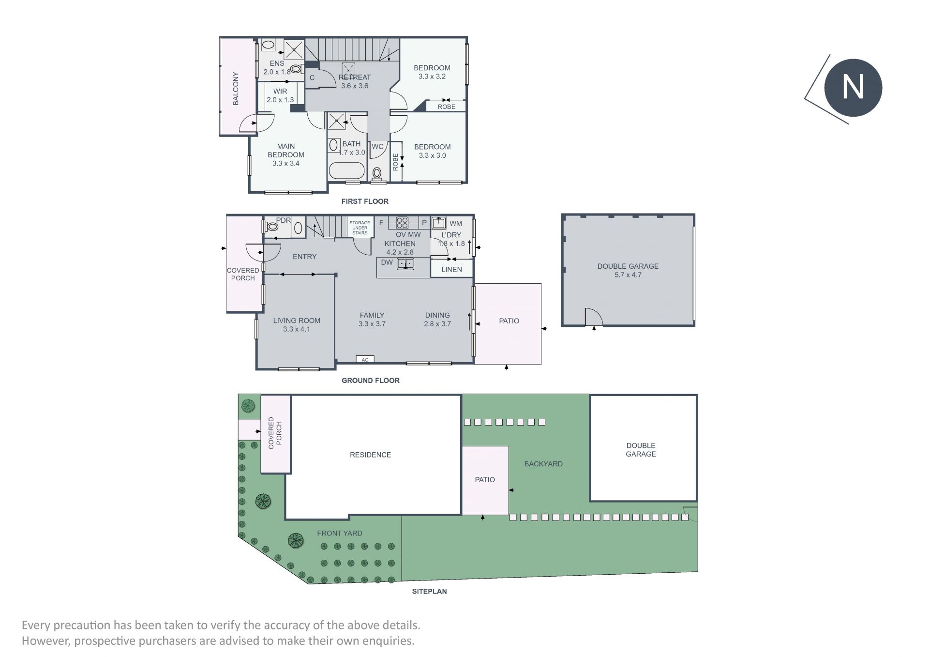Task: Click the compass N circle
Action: (x=853, y=88)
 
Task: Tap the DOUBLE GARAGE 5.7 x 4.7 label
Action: (x=628, y=270)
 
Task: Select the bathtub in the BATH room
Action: (x=347, y=170)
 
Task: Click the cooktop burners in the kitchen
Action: (x=402, y=223)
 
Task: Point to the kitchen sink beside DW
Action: (x=405, y=264)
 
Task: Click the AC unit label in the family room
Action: (x=365, y=360)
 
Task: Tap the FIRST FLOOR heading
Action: (x=365, y=201)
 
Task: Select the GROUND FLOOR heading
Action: (x=371, y=381)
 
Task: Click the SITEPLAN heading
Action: (x=430, y=591)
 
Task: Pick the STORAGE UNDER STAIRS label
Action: (x=360, y=228)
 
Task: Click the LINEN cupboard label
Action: (x=451, y=269)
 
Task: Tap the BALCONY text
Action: (x=236, y=89)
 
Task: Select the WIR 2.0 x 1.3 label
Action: (x=280, y=95)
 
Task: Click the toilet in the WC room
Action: (x=377, y=173)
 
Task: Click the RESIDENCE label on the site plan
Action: (x=371, y=455)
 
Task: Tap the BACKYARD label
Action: (x=543, y=464)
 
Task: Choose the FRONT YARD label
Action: (x=340, y=533)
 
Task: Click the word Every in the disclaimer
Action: (x=36, y=626)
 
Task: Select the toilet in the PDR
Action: (x=272, y=226)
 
